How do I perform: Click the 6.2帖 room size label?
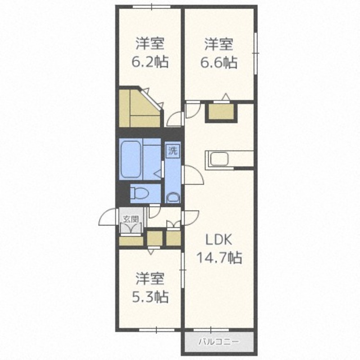[150, 62]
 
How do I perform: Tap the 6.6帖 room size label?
[219, 62]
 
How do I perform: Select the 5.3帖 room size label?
[150, 297]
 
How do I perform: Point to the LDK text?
[219, 240]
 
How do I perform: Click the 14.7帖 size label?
[219, 257]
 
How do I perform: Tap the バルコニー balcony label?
[219, 342]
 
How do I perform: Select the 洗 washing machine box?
[173, 151]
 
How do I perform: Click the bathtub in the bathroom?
[130, 159]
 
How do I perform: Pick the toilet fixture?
[139, 193]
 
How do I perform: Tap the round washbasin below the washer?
[173, 198]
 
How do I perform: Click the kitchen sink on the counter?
[219, 159]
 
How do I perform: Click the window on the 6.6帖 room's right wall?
[255, 53]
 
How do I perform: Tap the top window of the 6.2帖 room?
[152, 7]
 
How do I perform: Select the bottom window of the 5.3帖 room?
[157, 330]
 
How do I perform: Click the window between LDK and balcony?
[211, 330]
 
